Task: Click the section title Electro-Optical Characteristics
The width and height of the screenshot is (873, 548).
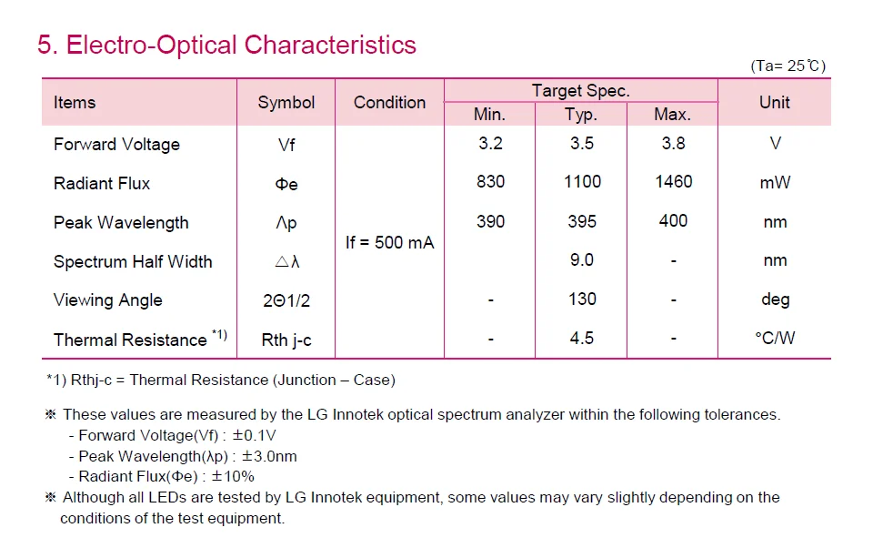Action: [x=226, y=45]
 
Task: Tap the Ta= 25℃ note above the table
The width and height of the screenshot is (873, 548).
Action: [x=788, y=66]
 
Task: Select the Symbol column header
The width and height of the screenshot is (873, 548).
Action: [x=286, y=103]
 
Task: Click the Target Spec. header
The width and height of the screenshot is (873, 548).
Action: [x=580, y=91]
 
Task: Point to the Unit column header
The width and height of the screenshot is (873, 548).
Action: [x=774, y=103]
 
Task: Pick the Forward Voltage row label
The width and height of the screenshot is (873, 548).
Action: [x=116, y=144]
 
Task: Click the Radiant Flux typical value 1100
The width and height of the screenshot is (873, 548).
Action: [x=582, y=182]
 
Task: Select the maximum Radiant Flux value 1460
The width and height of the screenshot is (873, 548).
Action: [x=673, y=182]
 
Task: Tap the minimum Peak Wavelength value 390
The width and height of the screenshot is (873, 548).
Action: [x=490, y=221]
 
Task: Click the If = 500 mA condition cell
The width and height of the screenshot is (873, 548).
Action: [x=389, y=242]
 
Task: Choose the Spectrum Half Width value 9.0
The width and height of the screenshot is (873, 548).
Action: [x=582, y=260]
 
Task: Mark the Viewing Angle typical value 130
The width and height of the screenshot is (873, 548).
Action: [x=582, y=299]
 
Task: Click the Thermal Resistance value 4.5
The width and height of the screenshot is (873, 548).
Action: [x=582, y=339]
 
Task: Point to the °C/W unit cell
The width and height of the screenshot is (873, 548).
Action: [x=774, y=339]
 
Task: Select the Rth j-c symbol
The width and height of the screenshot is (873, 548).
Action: [x=286, y=340]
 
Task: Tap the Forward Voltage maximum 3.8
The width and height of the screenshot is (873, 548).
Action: [x=673, y=144]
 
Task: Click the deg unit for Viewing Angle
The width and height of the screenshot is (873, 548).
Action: [x=775, y=299]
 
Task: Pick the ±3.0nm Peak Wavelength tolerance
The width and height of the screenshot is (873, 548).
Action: [x=270, y=456]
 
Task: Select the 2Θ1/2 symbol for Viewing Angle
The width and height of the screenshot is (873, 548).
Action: [x=286, y=300]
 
